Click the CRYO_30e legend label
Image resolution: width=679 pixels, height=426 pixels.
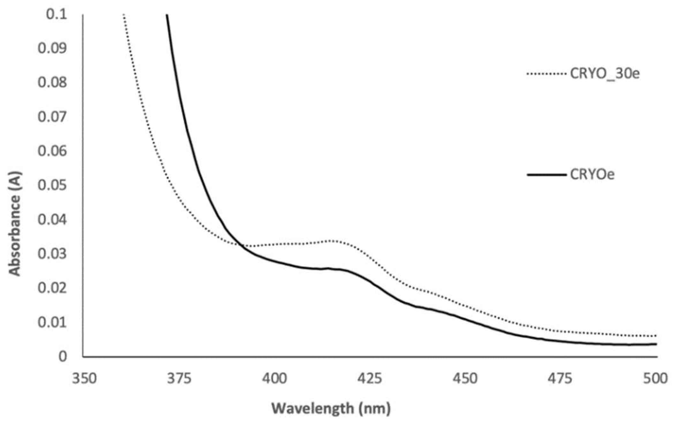pos(605,74)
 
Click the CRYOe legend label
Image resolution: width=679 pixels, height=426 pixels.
pos(592,175)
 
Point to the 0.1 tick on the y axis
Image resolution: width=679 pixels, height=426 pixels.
pos(57,14)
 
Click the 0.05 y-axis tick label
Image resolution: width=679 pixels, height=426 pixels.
pos(52,185)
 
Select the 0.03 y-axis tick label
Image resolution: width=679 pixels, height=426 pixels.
pos(52,254)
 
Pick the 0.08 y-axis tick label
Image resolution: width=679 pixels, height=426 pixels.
pos(52,83)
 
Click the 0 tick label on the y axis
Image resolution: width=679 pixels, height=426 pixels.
pos(63,356)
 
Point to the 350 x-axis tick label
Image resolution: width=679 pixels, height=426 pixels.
pos(84,379)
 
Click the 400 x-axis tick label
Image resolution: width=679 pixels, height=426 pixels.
pos(274,379)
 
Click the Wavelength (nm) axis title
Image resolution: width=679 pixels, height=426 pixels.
pos(331,408)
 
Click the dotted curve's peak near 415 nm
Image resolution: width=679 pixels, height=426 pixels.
pos(332,241)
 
